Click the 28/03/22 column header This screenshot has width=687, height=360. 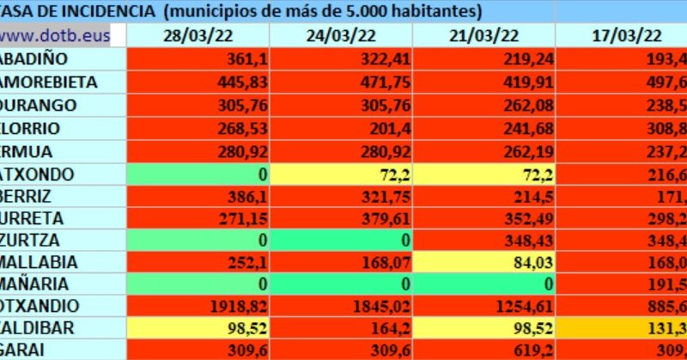[198, 35]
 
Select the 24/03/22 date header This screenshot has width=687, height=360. [341, 35]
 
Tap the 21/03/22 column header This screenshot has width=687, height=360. [484, 35]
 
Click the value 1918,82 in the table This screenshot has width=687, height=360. [233, 307]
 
